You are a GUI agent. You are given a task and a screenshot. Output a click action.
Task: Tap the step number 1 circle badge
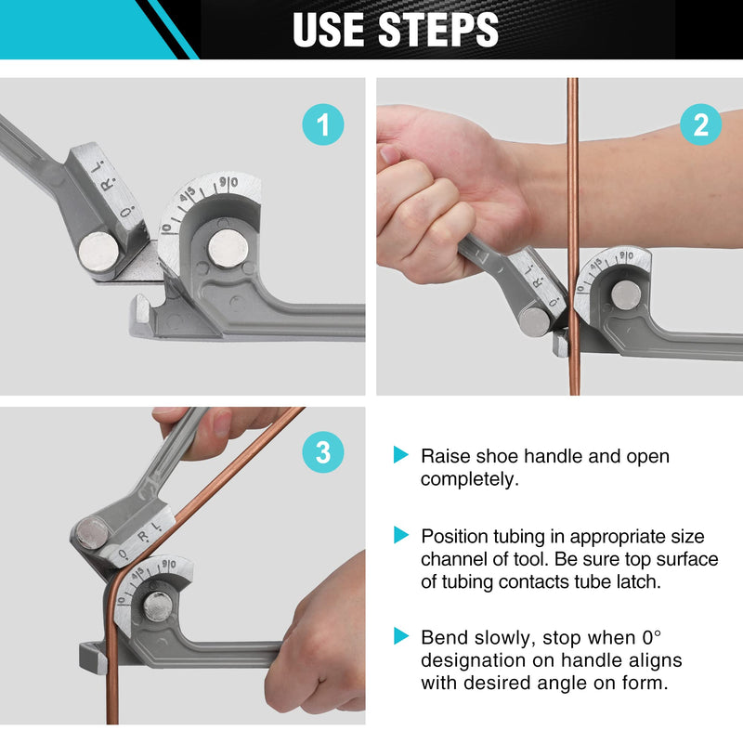tap(323, 125)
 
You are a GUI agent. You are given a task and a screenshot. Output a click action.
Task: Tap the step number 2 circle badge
tap(700, 125)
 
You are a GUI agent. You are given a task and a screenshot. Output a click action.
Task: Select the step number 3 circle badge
tap(323, 452)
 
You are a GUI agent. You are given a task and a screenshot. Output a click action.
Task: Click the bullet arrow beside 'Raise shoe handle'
tap(400, 455)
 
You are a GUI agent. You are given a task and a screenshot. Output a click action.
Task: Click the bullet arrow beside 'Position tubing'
tap(400, 535)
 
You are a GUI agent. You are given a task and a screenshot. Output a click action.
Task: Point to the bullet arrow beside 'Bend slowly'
tap(400, 636)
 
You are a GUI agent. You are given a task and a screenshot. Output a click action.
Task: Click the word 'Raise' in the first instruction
tap(445, 456)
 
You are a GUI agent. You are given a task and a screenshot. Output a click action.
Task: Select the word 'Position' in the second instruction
tap(455, 536)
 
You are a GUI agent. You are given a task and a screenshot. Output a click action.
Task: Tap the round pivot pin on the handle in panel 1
tap(98, 252)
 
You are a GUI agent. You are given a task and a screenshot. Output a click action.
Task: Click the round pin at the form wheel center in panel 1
tap(228, 249)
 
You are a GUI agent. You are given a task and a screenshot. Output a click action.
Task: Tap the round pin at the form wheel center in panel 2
tap(625, 294)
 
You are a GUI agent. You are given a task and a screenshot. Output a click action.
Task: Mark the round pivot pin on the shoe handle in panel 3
tap(93, 532)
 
